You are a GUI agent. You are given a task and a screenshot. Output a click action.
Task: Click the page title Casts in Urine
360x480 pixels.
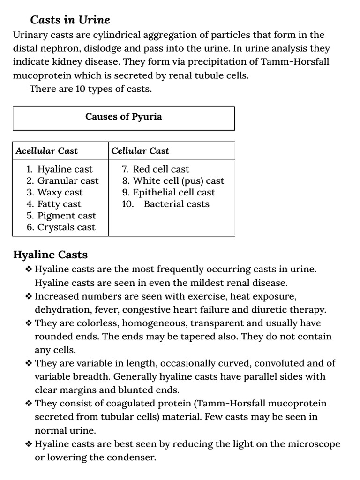(x=70, y=20)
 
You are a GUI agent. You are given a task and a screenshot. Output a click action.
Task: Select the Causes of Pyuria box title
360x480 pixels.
(x=123, y=117)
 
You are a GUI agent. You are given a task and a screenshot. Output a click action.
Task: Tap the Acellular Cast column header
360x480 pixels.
(x=46, y=151)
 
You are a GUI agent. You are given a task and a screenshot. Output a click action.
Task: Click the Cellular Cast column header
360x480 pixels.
(x=140, y=151)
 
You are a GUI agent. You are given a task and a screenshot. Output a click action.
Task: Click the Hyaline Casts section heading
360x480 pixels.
(x=50, y=255)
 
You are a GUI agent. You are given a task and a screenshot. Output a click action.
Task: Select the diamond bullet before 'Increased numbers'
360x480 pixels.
(x=29, y=297)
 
